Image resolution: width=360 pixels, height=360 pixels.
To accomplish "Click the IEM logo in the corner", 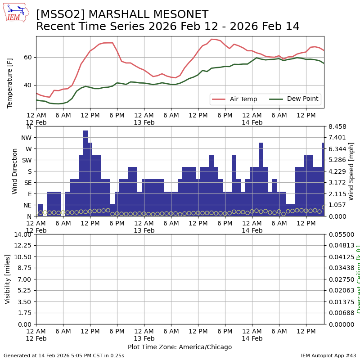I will pyautogui.click(x=16, y=12).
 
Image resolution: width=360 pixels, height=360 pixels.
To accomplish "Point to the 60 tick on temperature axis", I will pyautogui.click(x=28, y=57).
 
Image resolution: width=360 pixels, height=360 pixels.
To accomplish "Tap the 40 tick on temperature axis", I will pyautogui.click(x=28, y=85).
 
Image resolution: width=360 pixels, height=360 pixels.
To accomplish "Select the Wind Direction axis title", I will pyautogui.click(x=15, y=171).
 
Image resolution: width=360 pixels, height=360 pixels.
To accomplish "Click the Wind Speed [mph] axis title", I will pyautogui.click(x=351, y=171).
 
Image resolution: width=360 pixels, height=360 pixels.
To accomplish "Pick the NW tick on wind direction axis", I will pyautogui.click(x=27, y=138).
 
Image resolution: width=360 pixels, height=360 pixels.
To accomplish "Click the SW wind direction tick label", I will pyautogui.click(x=27, y=160).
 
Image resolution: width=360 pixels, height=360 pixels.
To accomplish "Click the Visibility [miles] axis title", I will pyautogui.click(x=8, y=279).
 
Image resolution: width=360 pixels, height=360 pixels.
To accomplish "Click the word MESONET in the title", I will pyautogui.click(x=181, y=15).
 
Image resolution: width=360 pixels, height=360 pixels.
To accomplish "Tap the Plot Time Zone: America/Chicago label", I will pyautogui.click(x=180, y=347).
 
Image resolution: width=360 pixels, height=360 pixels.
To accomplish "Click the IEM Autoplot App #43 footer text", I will pyautogui.click(x=328, y=355).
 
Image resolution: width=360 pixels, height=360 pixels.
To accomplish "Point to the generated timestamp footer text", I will pyautogui.click(x=64, y=355).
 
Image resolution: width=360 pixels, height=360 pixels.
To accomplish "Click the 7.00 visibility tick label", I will pyautogui.click(x=26, y=279).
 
